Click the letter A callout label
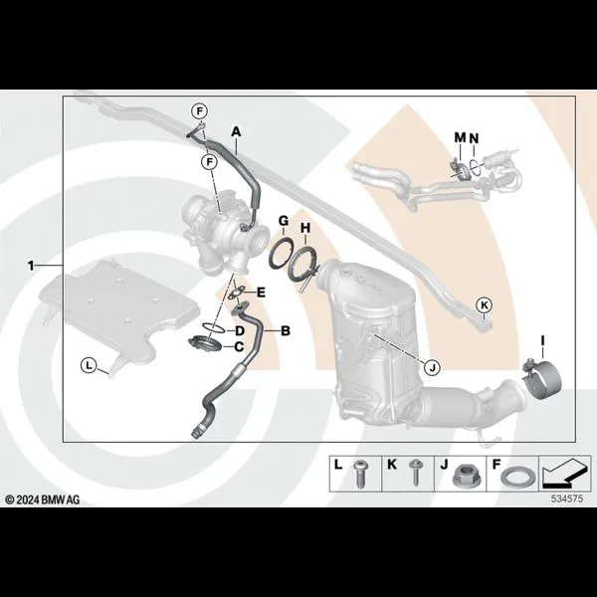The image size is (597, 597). (237, 132)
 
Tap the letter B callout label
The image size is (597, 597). (286, 331)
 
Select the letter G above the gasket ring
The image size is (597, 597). (284, 221)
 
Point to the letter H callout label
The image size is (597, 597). (305, 228)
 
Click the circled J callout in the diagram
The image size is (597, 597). (432, 368)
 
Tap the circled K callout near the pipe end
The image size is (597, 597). (485, 305)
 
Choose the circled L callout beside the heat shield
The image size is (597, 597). (89, 366)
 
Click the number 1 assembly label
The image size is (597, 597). (31, 266)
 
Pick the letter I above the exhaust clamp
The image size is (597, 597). (543, 340)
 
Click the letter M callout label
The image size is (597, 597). (461, 137)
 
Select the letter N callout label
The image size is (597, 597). (474, 138)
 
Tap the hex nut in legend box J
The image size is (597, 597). (462, 476)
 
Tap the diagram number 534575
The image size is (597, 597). (567, 498)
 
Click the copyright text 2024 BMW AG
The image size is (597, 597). (42, 499)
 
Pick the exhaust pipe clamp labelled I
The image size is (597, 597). (542, 379)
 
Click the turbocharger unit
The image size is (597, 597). (225, 232)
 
